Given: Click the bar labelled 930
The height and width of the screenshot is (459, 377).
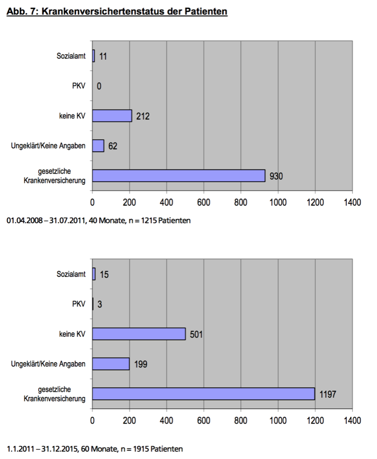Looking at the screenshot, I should (178, 176).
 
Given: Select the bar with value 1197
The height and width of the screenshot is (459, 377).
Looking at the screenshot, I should (203, 394).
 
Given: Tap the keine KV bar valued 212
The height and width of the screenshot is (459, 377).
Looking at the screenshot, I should (112, 116).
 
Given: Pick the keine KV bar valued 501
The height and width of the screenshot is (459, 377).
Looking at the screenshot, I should (139, 334).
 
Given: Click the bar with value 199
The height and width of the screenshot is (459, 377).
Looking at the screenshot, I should (111, 364).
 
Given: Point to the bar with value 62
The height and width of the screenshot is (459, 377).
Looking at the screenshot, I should (98, 146).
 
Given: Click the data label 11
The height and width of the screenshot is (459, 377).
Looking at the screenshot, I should (103, 57).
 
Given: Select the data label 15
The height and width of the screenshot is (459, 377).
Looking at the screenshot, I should (104, 275).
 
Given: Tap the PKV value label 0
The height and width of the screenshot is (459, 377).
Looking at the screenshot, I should (99, 86).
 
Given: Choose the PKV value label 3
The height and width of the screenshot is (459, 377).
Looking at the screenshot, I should (100, 305).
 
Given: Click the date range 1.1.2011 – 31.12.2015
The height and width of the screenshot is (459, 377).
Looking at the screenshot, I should (42, 448).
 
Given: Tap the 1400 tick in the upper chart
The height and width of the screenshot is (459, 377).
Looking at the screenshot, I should (352, 202).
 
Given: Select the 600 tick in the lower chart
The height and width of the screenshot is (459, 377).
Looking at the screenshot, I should (204, 420).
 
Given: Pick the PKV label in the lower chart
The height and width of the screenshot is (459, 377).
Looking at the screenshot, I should (79, 304).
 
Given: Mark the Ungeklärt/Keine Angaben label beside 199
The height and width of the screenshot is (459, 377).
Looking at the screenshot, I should (48, 364).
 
